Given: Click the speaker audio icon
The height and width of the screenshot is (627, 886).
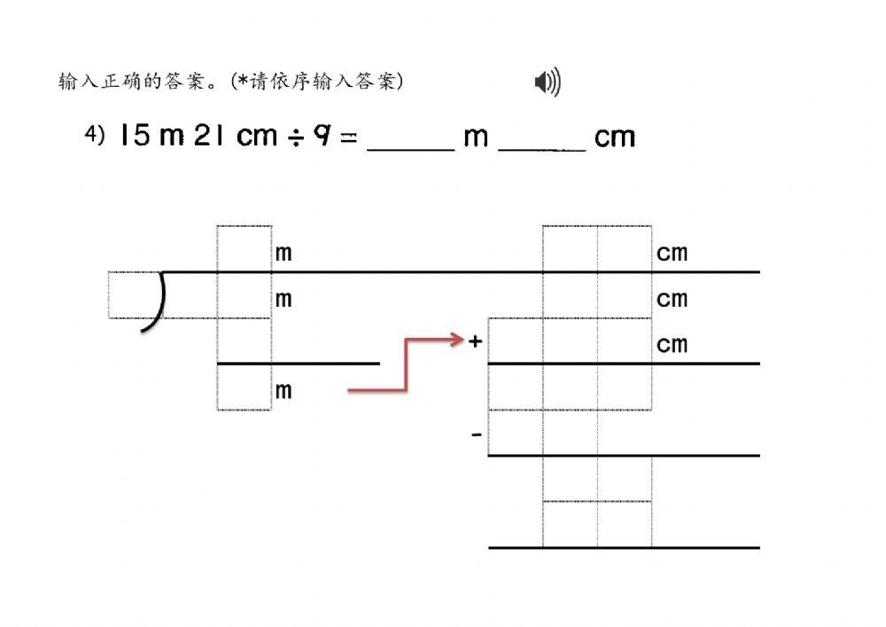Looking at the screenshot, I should [x=548, y=83].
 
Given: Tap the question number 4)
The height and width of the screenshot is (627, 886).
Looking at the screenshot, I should [x=95, y=135].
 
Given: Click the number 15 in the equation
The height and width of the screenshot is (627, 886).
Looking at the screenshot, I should [x=135, y=136].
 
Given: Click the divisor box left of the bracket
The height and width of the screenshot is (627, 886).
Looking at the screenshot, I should [x=134, y=294].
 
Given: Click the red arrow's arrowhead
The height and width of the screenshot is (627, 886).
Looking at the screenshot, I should [x=458, y=339].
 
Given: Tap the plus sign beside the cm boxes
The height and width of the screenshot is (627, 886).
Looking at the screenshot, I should [x=475, y=341].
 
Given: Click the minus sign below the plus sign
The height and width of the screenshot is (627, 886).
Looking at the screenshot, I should [x=477, y=435].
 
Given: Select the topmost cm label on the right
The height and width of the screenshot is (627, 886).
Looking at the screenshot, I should [x=672, y=253].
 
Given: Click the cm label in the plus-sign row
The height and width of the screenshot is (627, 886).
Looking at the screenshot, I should [x=672, y=343].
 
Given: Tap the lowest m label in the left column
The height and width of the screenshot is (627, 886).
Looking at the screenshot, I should [x=283, y=390].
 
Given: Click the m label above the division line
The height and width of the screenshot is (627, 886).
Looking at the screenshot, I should [x=283, y=253].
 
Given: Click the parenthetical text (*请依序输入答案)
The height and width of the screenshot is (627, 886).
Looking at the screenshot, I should [x=317, y=82].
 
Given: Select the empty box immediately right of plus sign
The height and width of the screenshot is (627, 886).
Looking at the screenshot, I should [x=516, y=341].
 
